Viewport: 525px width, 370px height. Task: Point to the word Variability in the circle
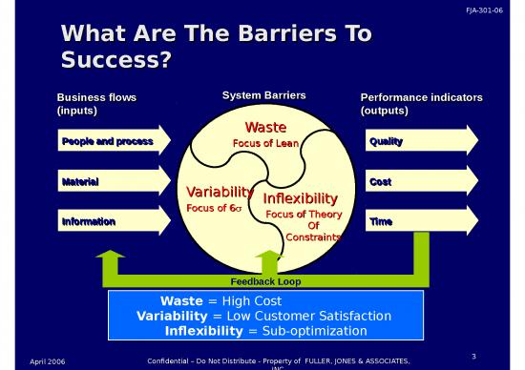[x=219, y=191]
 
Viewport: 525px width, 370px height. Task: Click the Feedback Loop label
[x=265, y=281]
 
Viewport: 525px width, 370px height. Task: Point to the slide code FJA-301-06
[x=496, y=9]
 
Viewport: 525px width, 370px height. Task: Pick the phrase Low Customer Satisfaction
[x=304, y=316]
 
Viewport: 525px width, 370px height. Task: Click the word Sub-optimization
[x=315, y=331]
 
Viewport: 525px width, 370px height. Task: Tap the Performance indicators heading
[x=421, y=97]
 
